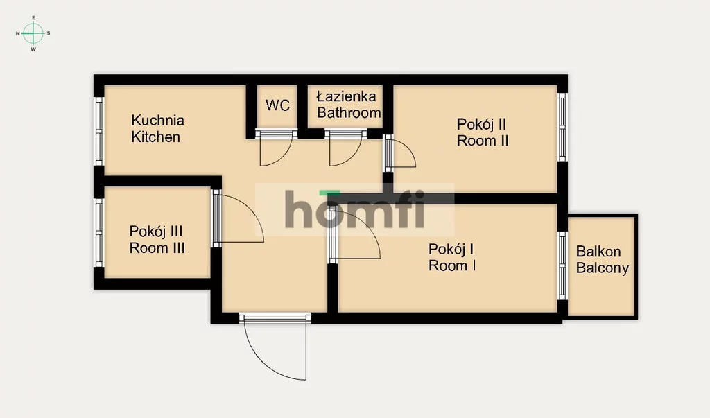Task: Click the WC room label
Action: (277, 105)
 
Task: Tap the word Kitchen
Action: (155, 137)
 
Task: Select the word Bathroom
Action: (349, 113)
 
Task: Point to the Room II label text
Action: (483, 141)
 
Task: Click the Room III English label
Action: (157, 248)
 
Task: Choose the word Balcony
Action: (603, 268)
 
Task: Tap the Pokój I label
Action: (451, 249)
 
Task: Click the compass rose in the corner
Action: (33, 33)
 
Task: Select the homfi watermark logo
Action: (355, 209)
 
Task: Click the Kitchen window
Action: (98, 131)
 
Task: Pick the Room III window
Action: (98, 233)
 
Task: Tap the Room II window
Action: (562, 127)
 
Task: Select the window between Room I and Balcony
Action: (562, 265)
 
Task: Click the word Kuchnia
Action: (157, 121)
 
